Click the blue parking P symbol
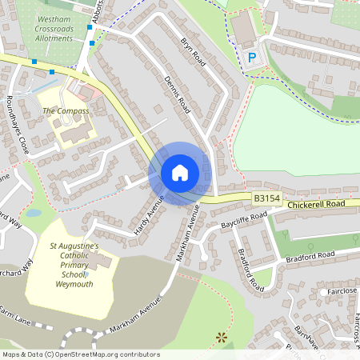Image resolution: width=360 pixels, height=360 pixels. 251,57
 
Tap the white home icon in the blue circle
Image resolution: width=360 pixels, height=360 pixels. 180,173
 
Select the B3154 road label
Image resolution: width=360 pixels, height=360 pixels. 267,198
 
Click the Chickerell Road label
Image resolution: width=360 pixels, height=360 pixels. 324,205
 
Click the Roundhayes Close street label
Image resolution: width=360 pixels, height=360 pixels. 16,127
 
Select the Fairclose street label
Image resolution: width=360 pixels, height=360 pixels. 342,291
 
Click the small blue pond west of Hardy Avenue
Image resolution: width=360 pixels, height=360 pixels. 33,214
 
